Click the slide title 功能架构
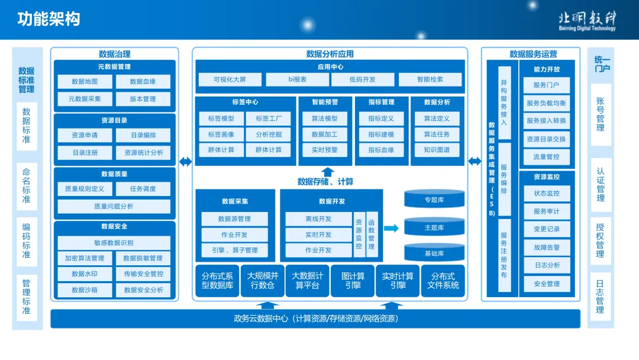click(49, 19)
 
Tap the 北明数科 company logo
click(586, 20)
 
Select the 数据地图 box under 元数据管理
click(85, 82)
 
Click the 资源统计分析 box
click(143, 152)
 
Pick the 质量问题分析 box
click(114, 206)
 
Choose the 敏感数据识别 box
click(114, 243)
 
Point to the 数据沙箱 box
click(85, 290)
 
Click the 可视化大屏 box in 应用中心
click(229, 79)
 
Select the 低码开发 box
click(362, 79)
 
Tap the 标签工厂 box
click(269, 118)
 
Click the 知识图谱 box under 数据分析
click(437, 150)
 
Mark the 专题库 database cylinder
click(434, 200)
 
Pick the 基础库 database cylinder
click(434, 253)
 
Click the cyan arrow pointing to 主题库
click(391, 228)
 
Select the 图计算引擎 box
click(353, 281)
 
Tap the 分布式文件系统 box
click(443, 281)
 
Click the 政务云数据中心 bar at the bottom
click(315, 319)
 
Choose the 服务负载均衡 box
click(546, 103)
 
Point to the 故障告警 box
click(546, 247)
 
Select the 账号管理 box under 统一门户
click(600, 115)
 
